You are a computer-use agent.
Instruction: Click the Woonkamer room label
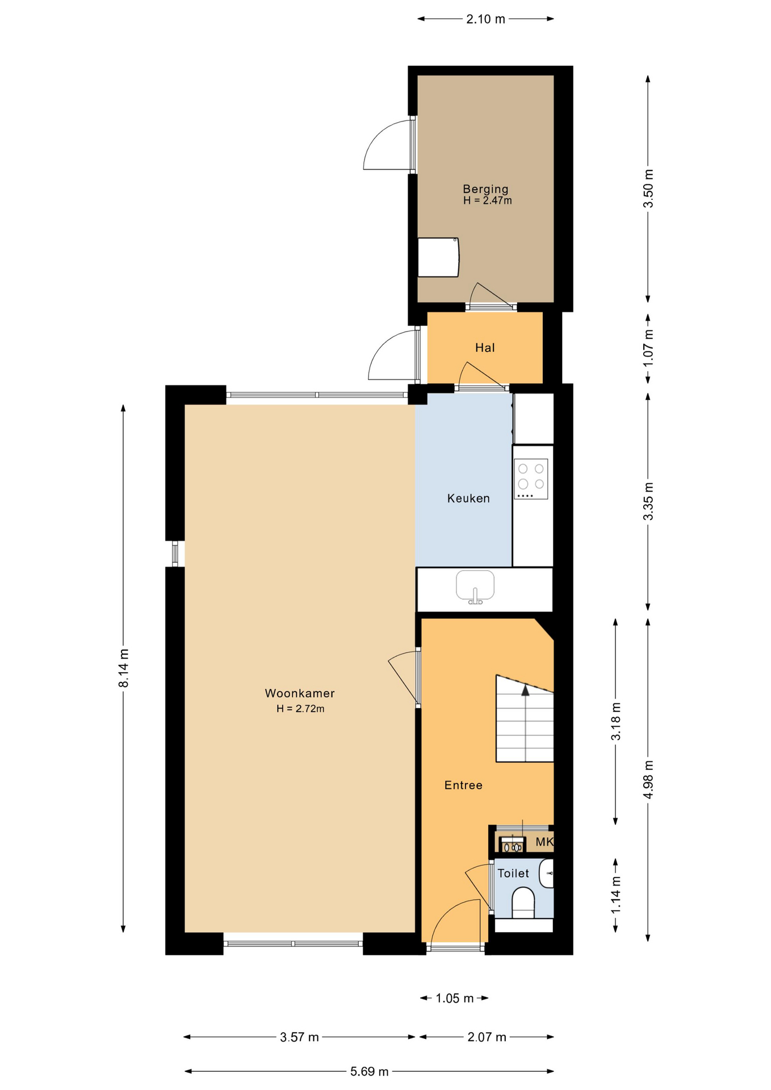[x=300, y=693]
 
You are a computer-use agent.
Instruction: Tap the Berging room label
[x=485, y=189]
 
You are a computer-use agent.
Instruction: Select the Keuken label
[x=468, y=498]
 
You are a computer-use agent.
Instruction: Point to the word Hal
[x=485, y=348]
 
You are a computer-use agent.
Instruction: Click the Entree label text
[x=463, y=785]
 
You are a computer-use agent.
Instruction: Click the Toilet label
[x=513, y=874]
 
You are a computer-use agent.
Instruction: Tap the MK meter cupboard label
[x=544, y=842]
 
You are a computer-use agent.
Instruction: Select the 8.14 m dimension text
[x=124, y=668]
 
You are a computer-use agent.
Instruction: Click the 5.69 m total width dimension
[x=369, y=1071]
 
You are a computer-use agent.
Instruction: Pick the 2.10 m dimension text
[x=485, y=19]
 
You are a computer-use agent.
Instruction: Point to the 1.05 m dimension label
[x=454, y=998]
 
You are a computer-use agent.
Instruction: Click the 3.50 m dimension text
[x=648, y=188]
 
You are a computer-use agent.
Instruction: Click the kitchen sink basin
[x=475, y=585]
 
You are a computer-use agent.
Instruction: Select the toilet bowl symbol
[x=523, y=903]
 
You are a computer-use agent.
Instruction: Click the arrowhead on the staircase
[x=525, y=691]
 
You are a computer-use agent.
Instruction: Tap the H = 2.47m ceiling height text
[x=487, y=200]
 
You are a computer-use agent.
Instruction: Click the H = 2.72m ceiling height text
[x=300, y=708]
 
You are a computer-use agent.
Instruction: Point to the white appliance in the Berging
[x=438, y=257]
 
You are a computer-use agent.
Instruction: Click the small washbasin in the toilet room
[x=547, y=873]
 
